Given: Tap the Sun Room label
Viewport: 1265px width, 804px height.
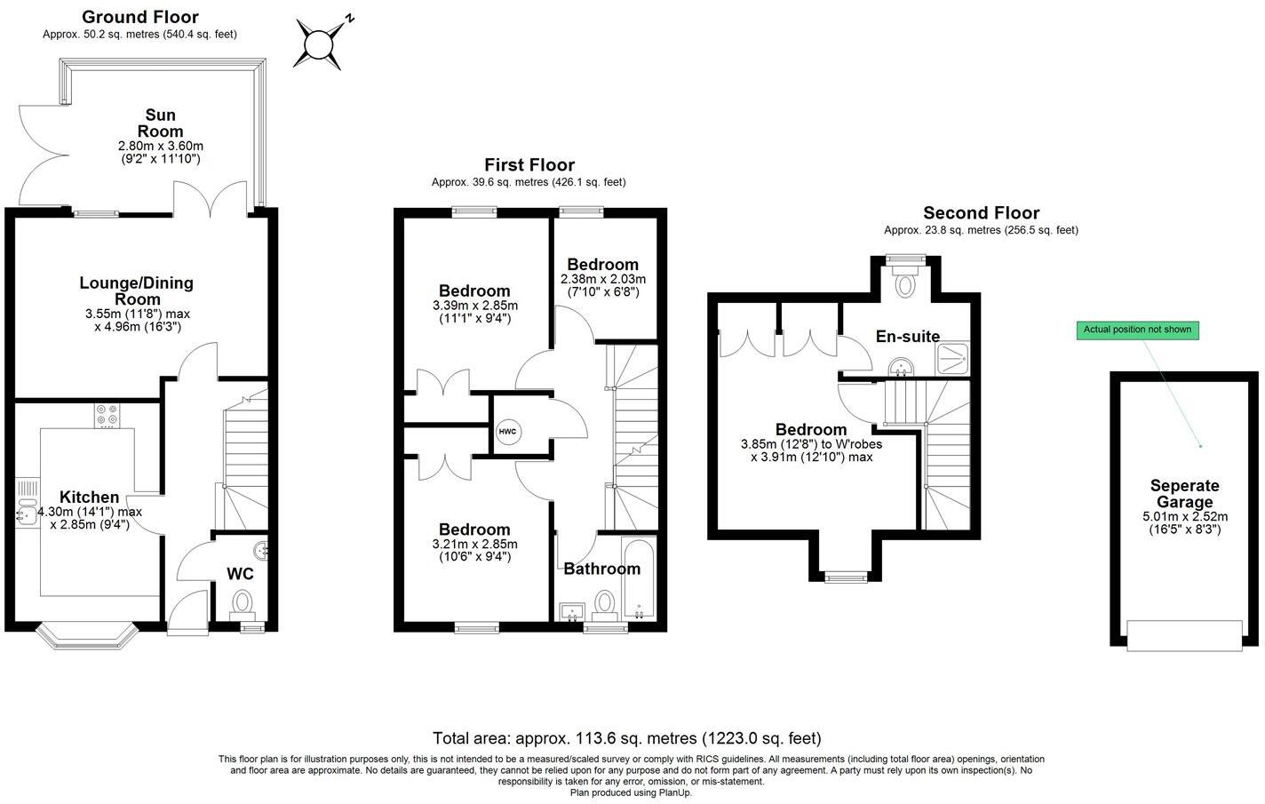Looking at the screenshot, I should coord(161,123).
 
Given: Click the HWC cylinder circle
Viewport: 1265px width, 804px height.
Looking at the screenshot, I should coord(508,432).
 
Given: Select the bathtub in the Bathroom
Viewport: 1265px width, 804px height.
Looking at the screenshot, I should coord(639,579).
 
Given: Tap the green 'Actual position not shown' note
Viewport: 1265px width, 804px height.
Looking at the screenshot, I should coord(1137,330).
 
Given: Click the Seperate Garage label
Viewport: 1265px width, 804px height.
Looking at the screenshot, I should coord(1184,494).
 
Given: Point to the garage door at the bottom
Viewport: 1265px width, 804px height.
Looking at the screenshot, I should coord(1184,634).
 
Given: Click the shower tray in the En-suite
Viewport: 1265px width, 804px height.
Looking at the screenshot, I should coord(954,358).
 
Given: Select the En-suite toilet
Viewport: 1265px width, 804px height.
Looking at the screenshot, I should coord(905,282).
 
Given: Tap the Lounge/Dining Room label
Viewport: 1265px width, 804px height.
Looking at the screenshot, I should coord(137,291).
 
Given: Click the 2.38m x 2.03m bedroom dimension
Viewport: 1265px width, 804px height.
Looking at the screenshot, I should coord(603,285).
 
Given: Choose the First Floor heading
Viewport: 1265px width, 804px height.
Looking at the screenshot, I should coord(529,165).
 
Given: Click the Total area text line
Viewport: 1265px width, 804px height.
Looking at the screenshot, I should coord(626,738).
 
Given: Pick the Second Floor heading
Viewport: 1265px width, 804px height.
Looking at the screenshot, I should coord(981,213).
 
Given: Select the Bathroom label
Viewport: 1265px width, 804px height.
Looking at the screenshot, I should coord(601,569).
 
